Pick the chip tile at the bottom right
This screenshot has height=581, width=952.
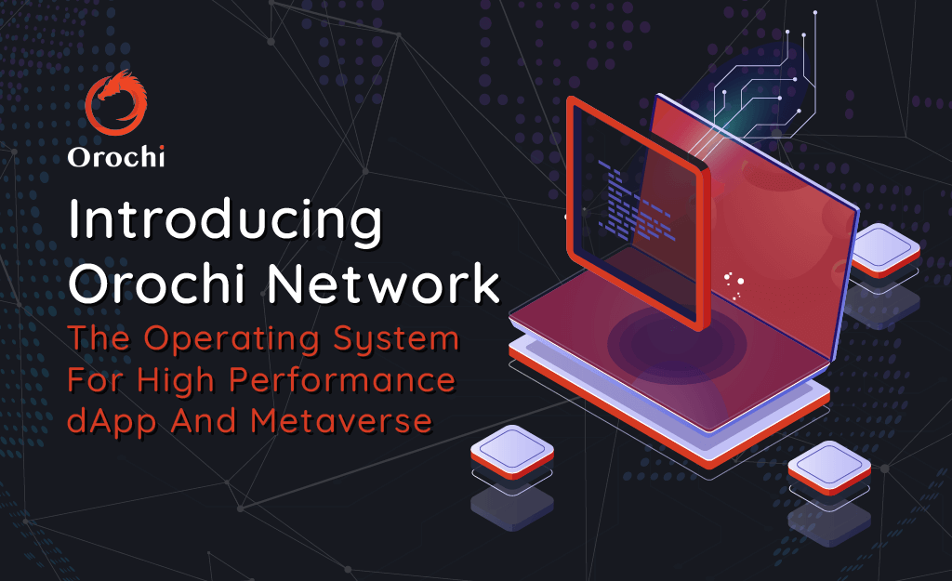(829, 465)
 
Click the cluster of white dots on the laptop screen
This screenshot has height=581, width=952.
(735, 284)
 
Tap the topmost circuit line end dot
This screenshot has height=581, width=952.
(815, 13)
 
